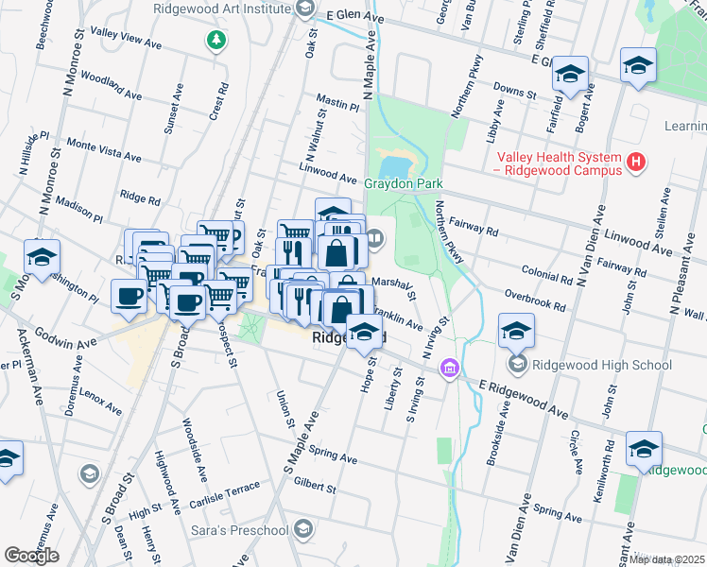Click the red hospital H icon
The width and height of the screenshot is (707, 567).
click(636, 163)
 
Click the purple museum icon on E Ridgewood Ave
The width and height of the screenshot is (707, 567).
click(450, 367)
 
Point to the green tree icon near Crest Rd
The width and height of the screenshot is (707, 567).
click(217, 40)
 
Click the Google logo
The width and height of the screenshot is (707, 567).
click(31, 556)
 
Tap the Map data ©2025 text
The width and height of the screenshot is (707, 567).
click(666, 559)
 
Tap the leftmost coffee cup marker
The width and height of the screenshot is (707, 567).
click(129, 295)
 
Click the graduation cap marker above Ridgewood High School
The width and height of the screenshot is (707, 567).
click(517, 330)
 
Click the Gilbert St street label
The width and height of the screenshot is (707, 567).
click(314, 487)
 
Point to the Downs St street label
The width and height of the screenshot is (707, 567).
click(515, 92)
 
